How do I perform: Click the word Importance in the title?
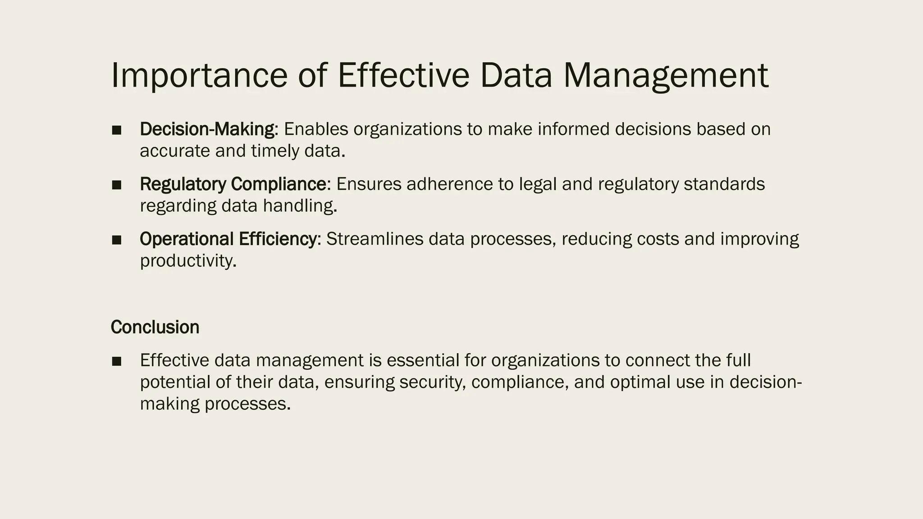(x=199, y=75)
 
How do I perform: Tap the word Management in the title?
(x=666, y=75)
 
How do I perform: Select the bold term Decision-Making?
(x=207, y=129)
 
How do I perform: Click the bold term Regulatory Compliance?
(x=233, y=184)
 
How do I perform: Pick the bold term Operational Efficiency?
(x=228, y=239)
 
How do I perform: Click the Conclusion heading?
(x=155, y=327)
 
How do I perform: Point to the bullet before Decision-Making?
(x=117, y=130)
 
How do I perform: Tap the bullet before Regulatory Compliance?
(x=117, y=185)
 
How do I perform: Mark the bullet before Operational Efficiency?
(x=117, y=240)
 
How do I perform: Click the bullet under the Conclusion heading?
(x=117, y=361)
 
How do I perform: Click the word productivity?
(x=187, y=261)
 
